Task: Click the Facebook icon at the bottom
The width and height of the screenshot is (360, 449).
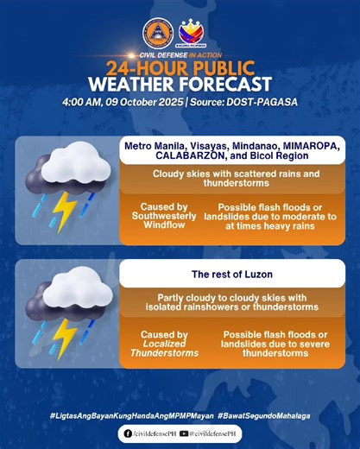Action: pos(128,433)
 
